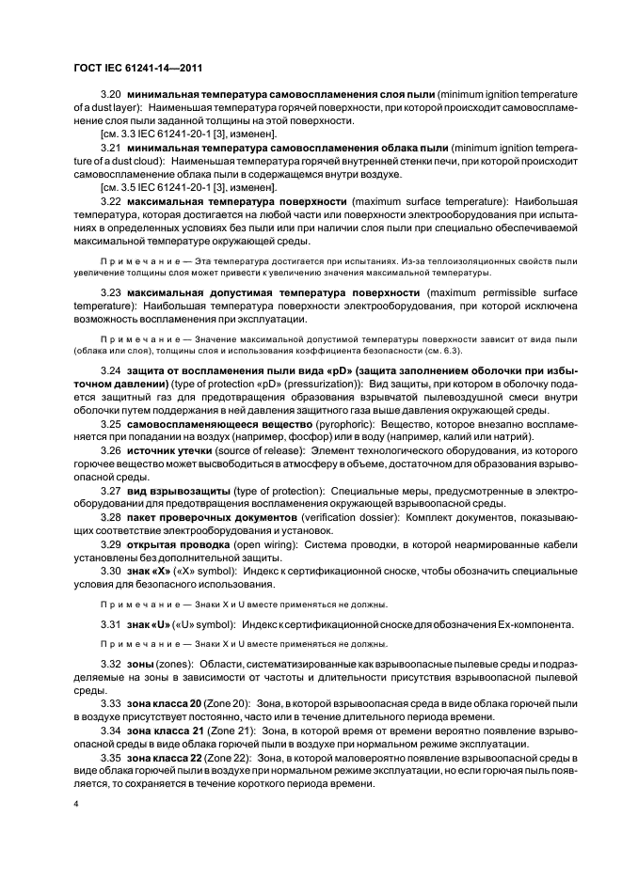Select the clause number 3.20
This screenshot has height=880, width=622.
(x=111, y=95)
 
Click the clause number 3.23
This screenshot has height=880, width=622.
(x=111, y=292)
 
